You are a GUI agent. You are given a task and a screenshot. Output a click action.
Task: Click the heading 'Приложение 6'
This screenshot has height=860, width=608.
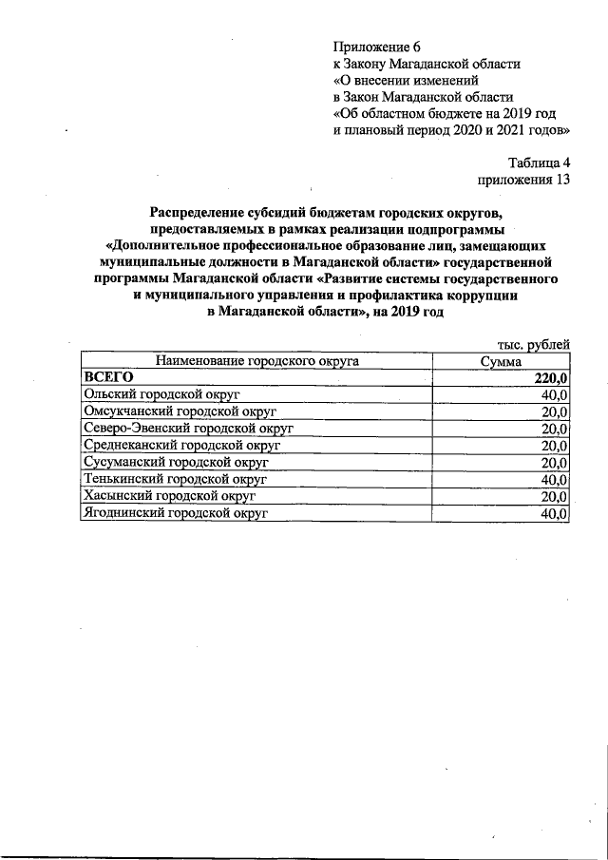click(x=376, y=47)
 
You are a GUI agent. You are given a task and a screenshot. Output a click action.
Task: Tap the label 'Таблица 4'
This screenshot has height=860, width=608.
click(x=539, y=162)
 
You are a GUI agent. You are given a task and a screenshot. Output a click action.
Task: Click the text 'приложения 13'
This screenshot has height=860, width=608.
click(x=523, y=179)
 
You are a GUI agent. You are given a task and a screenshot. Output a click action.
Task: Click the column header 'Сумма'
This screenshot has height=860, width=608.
click(x=501, y=362)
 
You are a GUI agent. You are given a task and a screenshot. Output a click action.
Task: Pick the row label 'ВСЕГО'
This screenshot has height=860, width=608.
click(x=107, y=378)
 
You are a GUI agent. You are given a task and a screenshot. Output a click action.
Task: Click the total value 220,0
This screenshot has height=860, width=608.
click(x=550, y=379)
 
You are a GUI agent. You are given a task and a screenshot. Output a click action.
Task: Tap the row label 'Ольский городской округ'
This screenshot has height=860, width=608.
click(x=160, y=395)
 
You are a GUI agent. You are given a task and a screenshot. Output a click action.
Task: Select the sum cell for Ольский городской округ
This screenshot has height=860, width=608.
click(x=554, y=395)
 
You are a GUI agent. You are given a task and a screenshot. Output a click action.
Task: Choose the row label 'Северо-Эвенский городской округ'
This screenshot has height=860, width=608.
click(x=188, y=429)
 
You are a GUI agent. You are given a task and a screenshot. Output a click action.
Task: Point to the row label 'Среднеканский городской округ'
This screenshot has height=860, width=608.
click(x=182, y=446)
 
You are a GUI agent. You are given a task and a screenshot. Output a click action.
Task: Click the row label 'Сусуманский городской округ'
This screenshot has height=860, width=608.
click(x=176, y=463)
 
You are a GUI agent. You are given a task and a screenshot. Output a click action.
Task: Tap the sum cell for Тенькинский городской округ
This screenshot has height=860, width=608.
click(x=554, y=480)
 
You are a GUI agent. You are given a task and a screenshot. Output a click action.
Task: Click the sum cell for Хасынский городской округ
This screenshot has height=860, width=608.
click(x=554, y=496)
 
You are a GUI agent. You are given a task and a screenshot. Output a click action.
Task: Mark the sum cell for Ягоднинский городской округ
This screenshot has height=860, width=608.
click(x=554, y=513)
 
